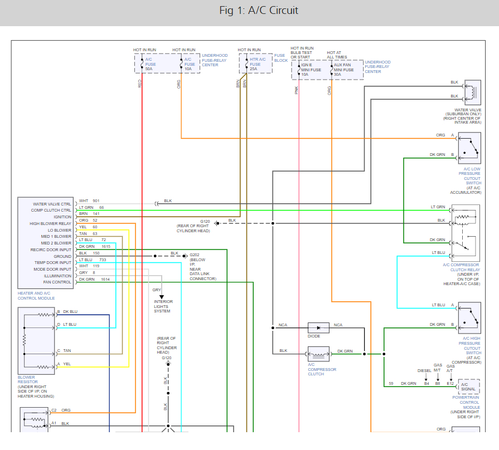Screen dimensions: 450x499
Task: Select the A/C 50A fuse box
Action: tap(148, 63)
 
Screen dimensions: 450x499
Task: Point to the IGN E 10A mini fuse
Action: tap(310, 70)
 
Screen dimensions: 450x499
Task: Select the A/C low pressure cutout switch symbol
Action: tap(469, 148)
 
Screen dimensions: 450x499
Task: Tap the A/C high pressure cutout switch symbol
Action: tap(469, 317)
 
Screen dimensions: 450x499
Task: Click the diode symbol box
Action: tap(318, 328)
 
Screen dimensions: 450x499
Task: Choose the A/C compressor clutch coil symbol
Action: tap(318, 354)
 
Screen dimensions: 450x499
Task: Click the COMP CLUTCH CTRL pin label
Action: tap(52, 211)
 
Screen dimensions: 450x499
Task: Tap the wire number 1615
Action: tap(106, 246)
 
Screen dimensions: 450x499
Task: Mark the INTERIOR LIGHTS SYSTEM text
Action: tap(163, 306)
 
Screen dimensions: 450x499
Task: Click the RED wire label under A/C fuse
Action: tap(140, 84)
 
